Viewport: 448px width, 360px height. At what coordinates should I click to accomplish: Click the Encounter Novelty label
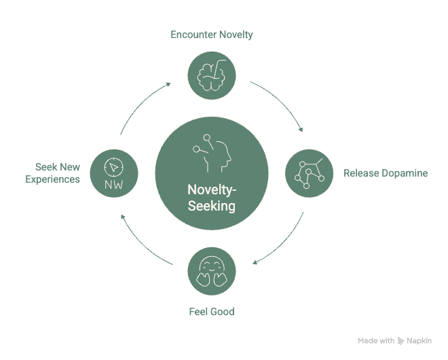pos(212,35)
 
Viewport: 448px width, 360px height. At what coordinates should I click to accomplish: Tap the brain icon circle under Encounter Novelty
pos(212,73)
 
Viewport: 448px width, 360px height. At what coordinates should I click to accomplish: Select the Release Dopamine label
pos(386,173)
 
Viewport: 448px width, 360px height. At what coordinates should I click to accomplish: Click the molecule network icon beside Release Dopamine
pos(307,173)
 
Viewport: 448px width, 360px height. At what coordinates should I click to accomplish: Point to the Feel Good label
pos(212,312)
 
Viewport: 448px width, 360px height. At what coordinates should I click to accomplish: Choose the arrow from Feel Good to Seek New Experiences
pos(143,241)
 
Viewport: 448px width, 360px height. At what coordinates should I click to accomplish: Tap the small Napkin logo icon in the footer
pos(401,340)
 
